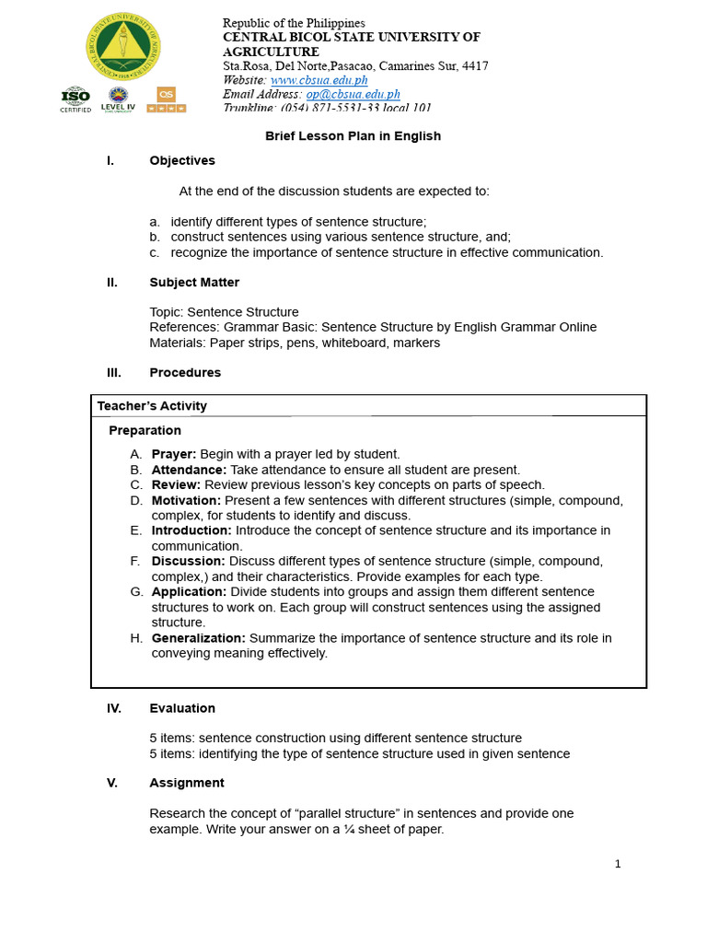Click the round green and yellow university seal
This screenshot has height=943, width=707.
pyautogui.click(x=122, y=46)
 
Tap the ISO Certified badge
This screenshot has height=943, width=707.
pyautogui.click(x=75, y=99)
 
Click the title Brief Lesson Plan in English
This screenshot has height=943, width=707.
pyautogui.click(x=353, y=136)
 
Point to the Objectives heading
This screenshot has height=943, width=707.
pyautogui.click(x=182, y=160)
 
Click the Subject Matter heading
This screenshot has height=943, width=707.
pyautogui.click(x=194, y=282)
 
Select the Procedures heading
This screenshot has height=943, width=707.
pyautogui.click(x=185, y=373)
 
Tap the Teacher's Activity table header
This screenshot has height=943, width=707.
pyautogui.click(x=152, y=406)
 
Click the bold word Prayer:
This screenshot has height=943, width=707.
pyautogui.click(x=174, y=454)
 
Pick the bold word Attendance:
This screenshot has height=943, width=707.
pyautogui.click(x=189, y=470)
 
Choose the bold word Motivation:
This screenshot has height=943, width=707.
pyautogui.click(x=186, y=500)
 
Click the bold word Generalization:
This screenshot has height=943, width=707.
pyautogui.click(x=198, y=638)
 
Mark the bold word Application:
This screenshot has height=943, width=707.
pyautogui.click(x=189, y=592)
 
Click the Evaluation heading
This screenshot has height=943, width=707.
pyautogui.click(x=182, y=708)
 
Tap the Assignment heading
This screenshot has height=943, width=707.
pyautogui.click(x=187, y=783)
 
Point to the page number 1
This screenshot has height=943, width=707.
pyautogui.click(x=618, y=864)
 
